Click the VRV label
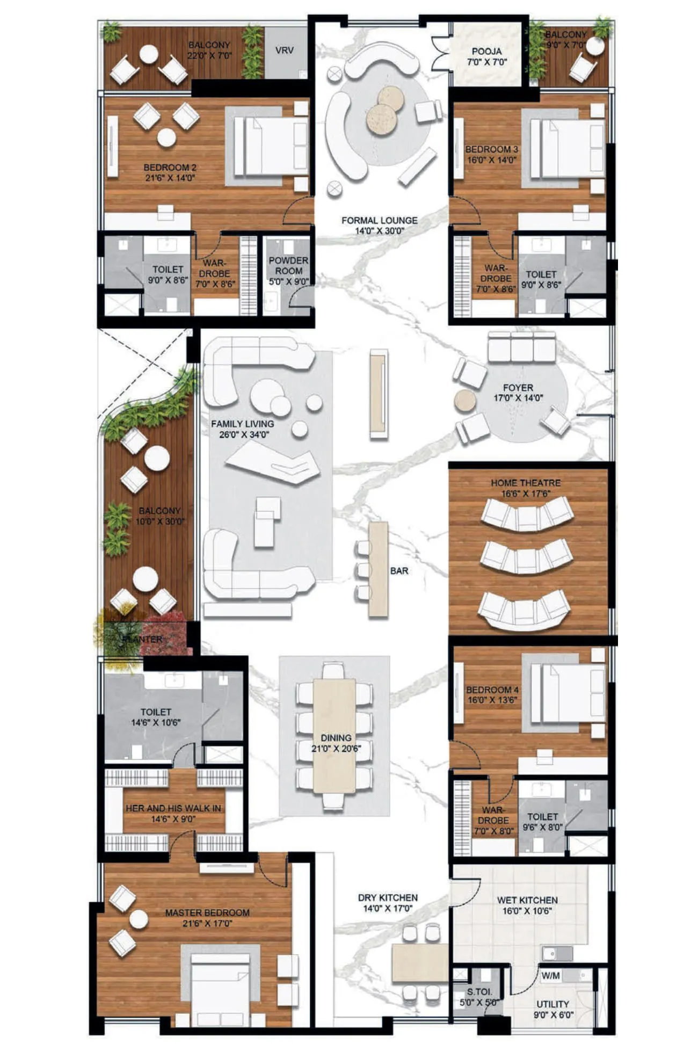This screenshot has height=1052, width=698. pos(284,50)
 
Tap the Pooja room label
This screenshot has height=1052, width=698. pos(486,52)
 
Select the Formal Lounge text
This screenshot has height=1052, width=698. pos(379,220)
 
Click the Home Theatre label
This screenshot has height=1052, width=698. pos(525,483)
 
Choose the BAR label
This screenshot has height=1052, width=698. pos(399,571)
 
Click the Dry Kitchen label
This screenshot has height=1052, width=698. pos(388,898)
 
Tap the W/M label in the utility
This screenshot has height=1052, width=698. pos(550,976)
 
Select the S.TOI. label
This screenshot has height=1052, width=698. pos(479,992)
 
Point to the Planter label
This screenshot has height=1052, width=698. pos(142,639)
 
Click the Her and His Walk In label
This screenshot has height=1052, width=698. pos(173,808)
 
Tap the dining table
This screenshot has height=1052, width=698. pos(334,736)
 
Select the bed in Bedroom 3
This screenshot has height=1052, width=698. pos(566,148)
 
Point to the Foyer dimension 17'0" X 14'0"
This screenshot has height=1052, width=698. pos(518,398)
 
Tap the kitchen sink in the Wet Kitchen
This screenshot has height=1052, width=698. pos(557,954)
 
